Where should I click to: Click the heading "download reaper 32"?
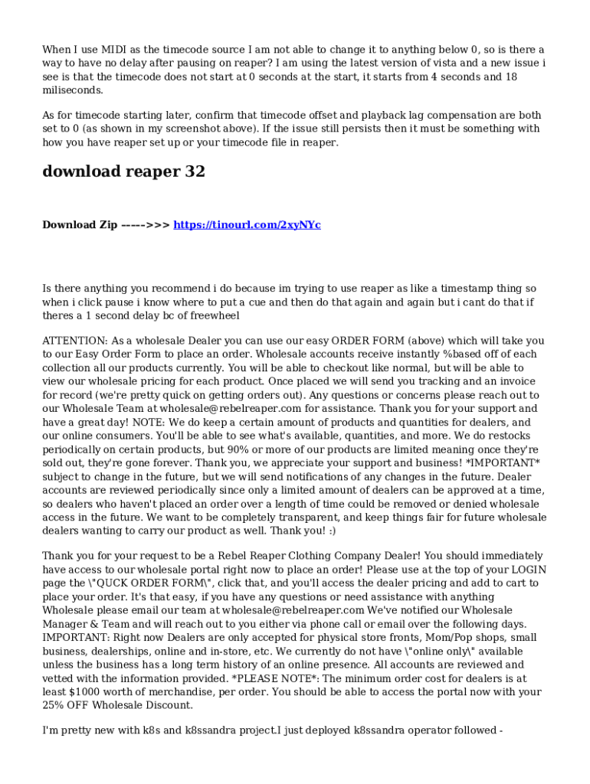[x=123, y=171]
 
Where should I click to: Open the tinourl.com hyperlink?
[x=247, y=225]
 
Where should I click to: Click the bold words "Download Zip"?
[x=80, y=225]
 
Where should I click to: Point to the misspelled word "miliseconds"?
[x=72, y=90]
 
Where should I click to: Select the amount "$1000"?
[x=86, y=692]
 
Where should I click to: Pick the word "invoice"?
[x=527, y=381]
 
